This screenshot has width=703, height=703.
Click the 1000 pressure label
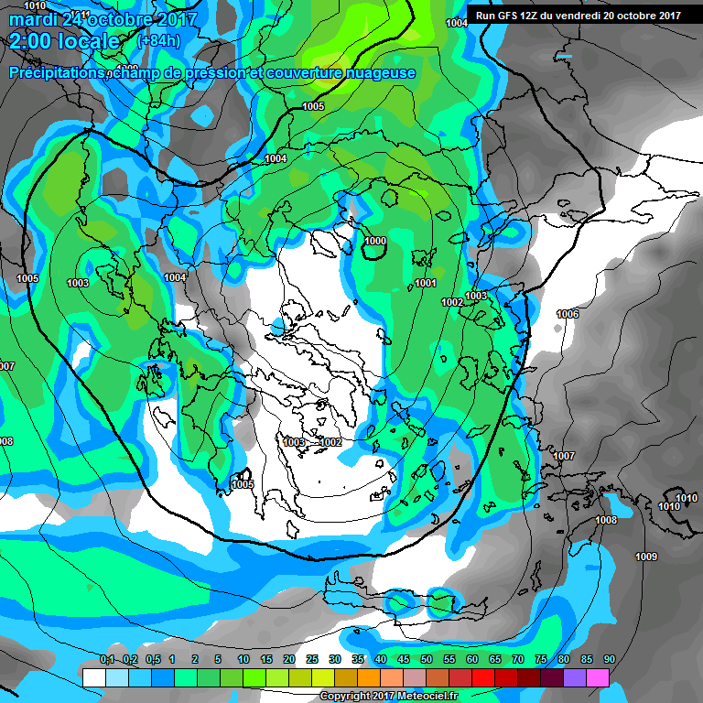[x=375, y=241]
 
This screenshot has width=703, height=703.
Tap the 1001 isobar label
[x=426, y=283]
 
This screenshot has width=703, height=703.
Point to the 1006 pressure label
[x=568, y=314]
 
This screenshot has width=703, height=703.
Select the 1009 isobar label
[x=646, y=557]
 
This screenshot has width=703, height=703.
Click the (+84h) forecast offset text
[x=157, y=41]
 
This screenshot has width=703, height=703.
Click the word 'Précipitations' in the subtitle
[x=55, y=72]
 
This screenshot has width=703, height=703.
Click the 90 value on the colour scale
[x=609, y=659]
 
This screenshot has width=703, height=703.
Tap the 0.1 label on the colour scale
[x=107, y=659]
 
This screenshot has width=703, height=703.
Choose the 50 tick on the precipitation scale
[x=427, y=659]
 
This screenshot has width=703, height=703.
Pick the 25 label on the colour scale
[x=312, y=659]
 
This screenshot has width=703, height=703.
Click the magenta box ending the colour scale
[x=598, y=677]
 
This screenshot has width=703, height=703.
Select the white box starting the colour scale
[x=94, y=677]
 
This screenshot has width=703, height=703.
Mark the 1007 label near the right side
[x=564, y=456]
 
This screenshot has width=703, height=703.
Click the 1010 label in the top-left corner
[x=33, y=5]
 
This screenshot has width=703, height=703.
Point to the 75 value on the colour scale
[x=541, y=659]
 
